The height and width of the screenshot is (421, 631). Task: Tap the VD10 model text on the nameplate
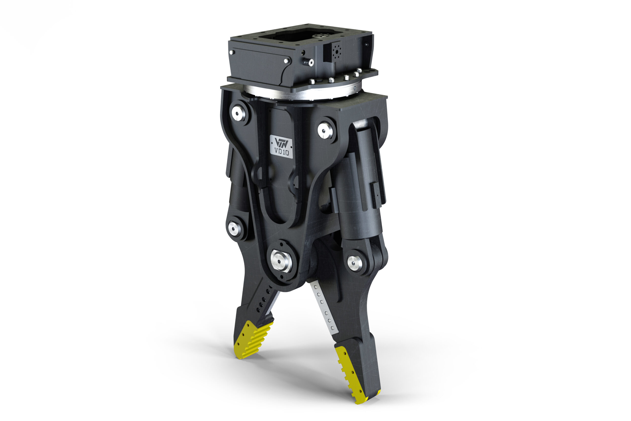click(x=282, y=153)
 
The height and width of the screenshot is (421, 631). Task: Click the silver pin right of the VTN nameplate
click(x=325, y=131)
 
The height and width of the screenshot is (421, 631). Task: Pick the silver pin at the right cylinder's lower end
click(x=354, y=263)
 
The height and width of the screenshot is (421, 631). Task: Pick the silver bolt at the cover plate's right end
click(x=286, y=61)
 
